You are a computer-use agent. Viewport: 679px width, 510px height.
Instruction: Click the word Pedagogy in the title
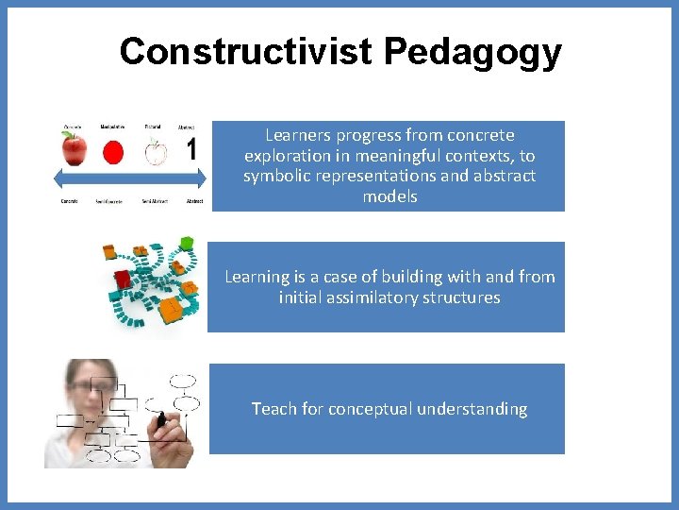click(472, 53)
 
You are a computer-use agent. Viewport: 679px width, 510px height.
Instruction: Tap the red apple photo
click(74, 149)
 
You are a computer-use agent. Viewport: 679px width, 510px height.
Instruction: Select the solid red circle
click(113, 152)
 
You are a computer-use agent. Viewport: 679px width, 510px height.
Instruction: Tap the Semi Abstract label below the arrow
click(156, 201)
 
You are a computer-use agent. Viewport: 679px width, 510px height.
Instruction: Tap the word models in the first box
click(389, 196)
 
